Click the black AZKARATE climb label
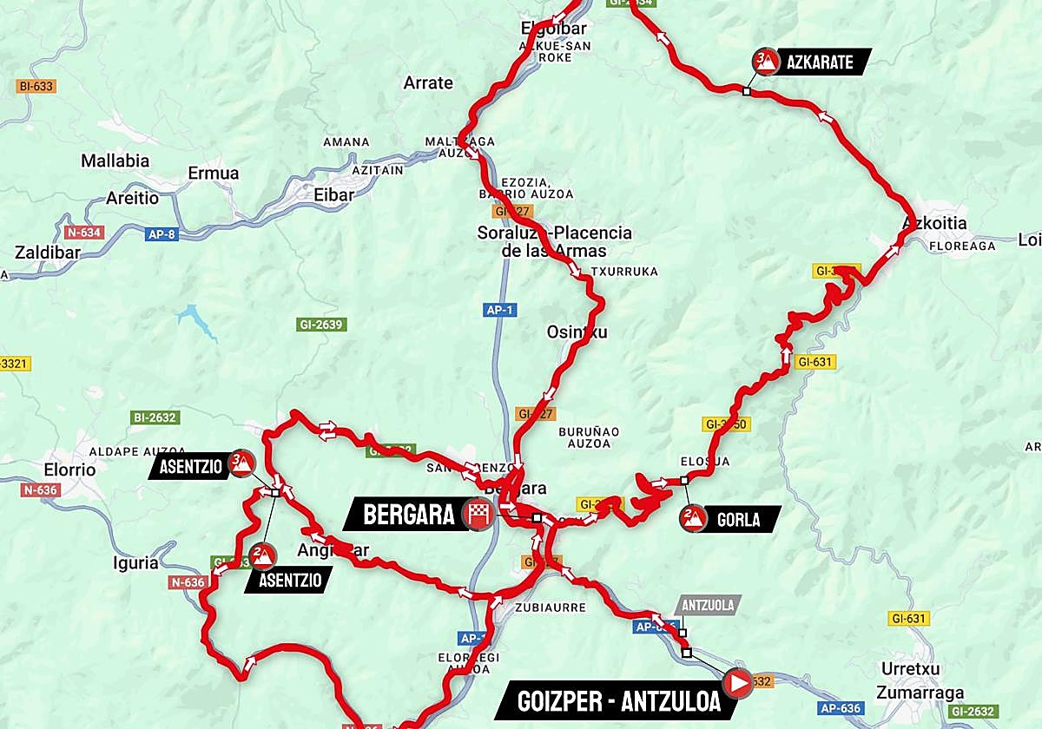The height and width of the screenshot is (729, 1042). pos(821,62)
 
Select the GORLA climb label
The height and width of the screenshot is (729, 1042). pos(738,520)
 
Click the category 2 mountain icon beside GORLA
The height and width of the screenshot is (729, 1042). pos(692,519)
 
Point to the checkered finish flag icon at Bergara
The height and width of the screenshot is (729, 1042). pos(478,515)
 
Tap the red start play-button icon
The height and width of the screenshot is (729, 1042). pos(737,683)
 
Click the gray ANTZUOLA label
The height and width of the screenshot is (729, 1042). pos(708,605)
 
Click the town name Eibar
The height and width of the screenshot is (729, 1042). pos(333,195)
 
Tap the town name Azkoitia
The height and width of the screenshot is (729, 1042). pos(934,223)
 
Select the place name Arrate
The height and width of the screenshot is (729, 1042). pos(428,83)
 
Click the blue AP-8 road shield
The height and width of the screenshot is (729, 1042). pos(162,233)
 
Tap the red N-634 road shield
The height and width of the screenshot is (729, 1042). pos(83,233)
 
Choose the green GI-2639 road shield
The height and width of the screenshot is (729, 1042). pos(320,325)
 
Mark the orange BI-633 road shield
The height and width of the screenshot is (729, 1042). pos(36,86)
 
